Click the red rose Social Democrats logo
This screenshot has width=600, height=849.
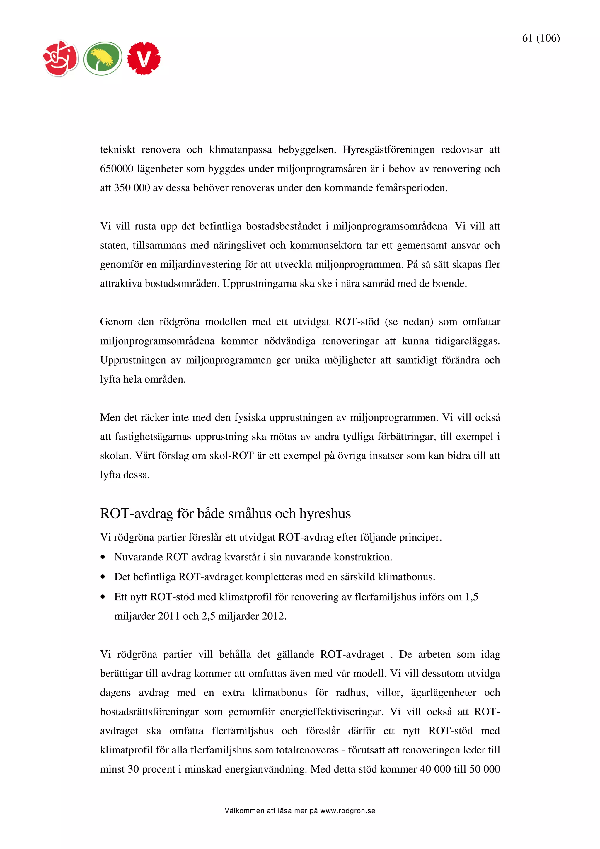[x=61, y=58]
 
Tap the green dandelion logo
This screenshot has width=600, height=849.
[x=103, y=58]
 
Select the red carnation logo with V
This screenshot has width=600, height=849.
[x=144, y=58]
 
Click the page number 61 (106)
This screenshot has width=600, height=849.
[x=541, y=38]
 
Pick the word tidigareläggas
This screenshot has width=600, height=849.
[x=467, y=341]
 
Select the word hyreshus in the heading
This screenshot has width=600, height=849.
[x=325, y=514]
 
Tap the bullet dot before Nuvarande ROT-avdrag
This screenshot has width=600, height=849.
[x=103, y=557]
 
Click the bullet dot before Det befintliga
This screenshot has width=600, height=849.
[x=103, y=577]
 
